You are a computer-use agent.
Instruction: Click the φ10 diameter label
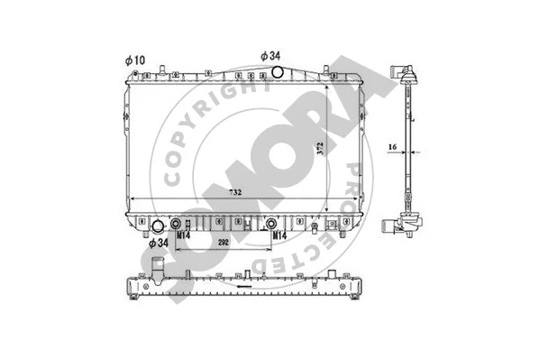(x=133, y=60)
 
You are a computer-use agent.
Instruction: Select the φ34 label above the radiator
(x=273, y=55)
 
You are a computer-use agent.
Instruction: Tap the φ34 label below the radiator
(x=158, y=243)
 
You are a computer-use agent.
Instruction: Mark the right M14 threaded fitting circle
(x=271, y=223)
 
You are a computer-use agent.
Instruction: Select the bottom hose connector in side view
(x=404, y=223)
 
